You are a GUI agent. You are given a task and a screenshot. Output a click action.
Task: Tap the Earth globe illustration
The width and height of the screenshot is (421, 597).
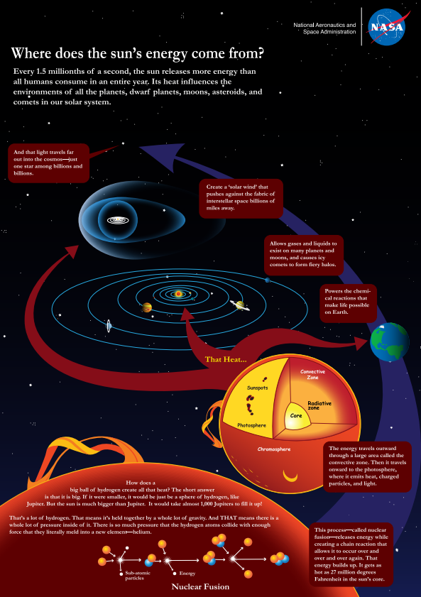[x=390, y=342]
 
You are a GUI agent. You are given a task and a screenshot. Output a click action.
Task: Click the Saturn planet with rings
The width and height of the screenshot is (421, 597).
[x=240, y=305]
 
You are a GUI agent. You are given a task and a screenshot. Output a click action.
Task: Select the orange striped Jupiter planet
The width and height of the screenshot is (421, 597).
[x=147, y=307]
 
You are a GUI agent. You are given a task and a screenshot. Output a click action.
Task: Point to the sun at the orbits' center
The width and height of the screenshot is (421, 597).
[x=178, y=294]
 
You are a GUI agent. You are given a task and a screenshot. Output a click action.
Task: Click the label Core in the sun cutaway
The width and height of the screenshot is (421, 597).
[x=296, y=415]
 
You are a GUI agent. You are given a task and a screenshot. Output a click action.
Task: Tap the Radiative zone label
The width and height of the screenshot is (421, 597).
[x=319, y=405]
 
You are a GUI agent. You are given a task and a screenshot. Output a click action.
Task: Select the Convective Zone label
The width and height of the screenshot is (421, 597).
[x=312, y=374]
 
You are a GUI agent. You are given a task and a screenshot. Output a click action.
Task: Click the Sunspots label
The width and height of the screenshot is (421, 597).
[x=257, y=388]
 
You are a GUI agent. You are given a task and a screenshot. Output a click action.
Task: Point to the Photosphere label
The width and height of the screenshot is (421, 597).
[x=251, y=425]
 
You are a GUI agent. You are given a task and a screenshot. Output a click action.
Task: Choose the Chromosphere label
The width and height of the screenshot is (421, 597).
[x=274, y=449]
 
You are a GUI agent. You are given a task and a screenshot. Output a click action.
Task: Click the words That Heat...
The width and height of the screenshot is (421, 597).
[x=226, y=359]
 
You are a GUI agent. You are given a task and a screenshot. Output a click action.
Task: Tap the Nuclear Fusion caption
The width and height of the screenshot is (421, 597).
[x=200, y=586]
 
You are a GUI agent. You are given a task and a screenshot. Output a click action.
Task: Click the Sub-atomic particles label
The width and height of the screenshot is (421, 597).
[x=138, y=575]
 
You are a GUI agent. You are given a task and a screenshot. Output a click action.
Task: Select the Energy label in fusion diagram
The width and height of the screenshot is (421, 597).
[x=187, y=573]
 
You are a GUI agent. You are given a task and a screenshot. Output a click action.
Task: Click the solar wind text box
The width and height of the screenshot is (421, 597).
[x=241, y=198]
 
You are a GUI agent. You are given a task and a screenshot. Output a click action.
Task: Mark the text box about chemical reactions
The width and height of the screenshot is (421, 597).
[x=348, y=302]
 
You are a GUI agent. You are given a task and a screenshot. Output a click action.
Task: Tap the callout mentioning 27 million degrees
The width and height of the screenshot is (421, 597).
[x=351, y=554]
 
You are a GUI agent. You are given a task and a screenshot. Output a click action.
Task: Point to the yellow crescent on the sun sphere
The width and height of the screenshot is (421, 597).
[x=290, y=476]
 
